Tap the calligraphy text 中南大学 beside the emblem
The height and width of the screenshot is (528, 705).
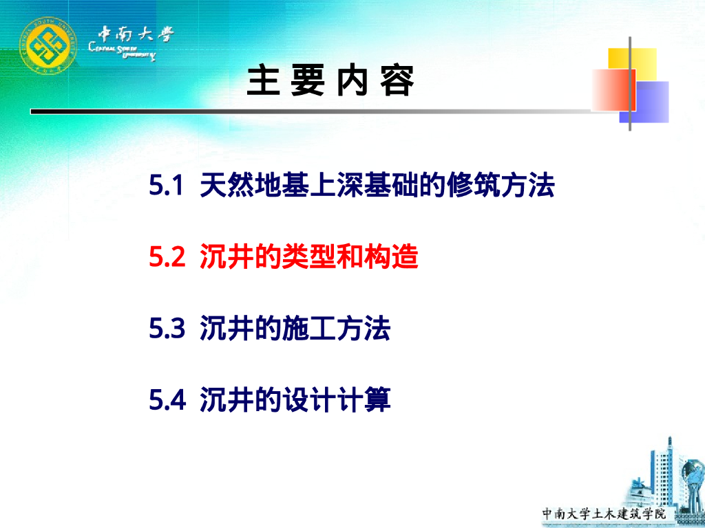135,34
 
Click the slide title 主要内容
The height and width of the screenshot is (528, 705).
331,82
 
